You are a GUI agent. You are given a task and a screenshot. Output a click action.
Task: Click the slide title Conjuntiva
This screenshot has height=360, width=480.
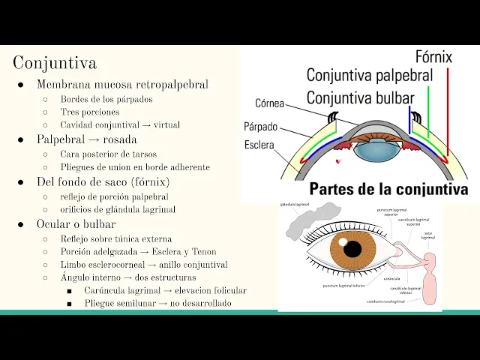click(55, 62)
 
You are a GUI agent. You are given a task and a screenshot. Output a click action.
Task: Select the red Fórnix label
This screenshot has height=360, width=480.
click(433, 57)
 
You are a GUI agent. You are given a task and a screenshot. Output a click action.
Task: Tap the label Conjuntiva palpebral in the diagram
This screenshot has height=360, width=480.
click(369, 75)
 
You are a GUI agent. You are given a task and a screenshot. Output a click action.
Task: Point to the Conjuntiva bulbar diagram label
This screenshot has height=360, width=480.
click(360, 97)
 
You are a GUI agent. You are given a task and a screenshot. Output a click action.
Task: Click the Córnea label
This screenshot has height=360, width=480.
click(269, 103)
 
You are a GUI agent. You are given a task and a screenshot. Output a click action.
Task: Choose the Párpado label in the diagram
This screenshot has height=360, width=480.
click(260, 127)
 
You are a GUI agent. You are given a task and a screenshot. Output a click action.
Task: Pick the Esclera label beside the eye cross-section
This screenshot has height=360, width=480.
click(259, 145)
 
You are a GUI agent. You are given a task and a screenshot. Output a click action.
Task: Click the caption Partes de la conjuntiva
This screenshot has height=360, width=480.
click(388, 189)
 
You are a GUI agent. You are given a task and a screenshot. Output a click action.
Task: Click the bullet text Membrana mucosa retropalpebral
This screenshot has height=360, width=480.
click(122, 85)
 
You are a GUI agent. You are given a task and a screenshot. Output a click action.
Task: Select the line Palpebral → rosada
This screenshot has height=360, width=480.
click(87, 139)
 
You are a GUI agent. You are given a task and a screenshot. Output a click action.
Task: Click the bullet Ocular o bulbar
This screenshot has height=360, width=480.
click(76, 224)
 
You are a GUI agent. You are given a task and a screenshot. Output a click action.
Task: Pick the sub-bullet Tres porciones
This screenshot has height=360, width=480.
click(90, 112)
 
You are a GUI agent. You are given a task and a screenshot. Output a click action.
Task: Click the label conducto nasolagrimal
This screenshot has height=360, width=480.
click(386, 301)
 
